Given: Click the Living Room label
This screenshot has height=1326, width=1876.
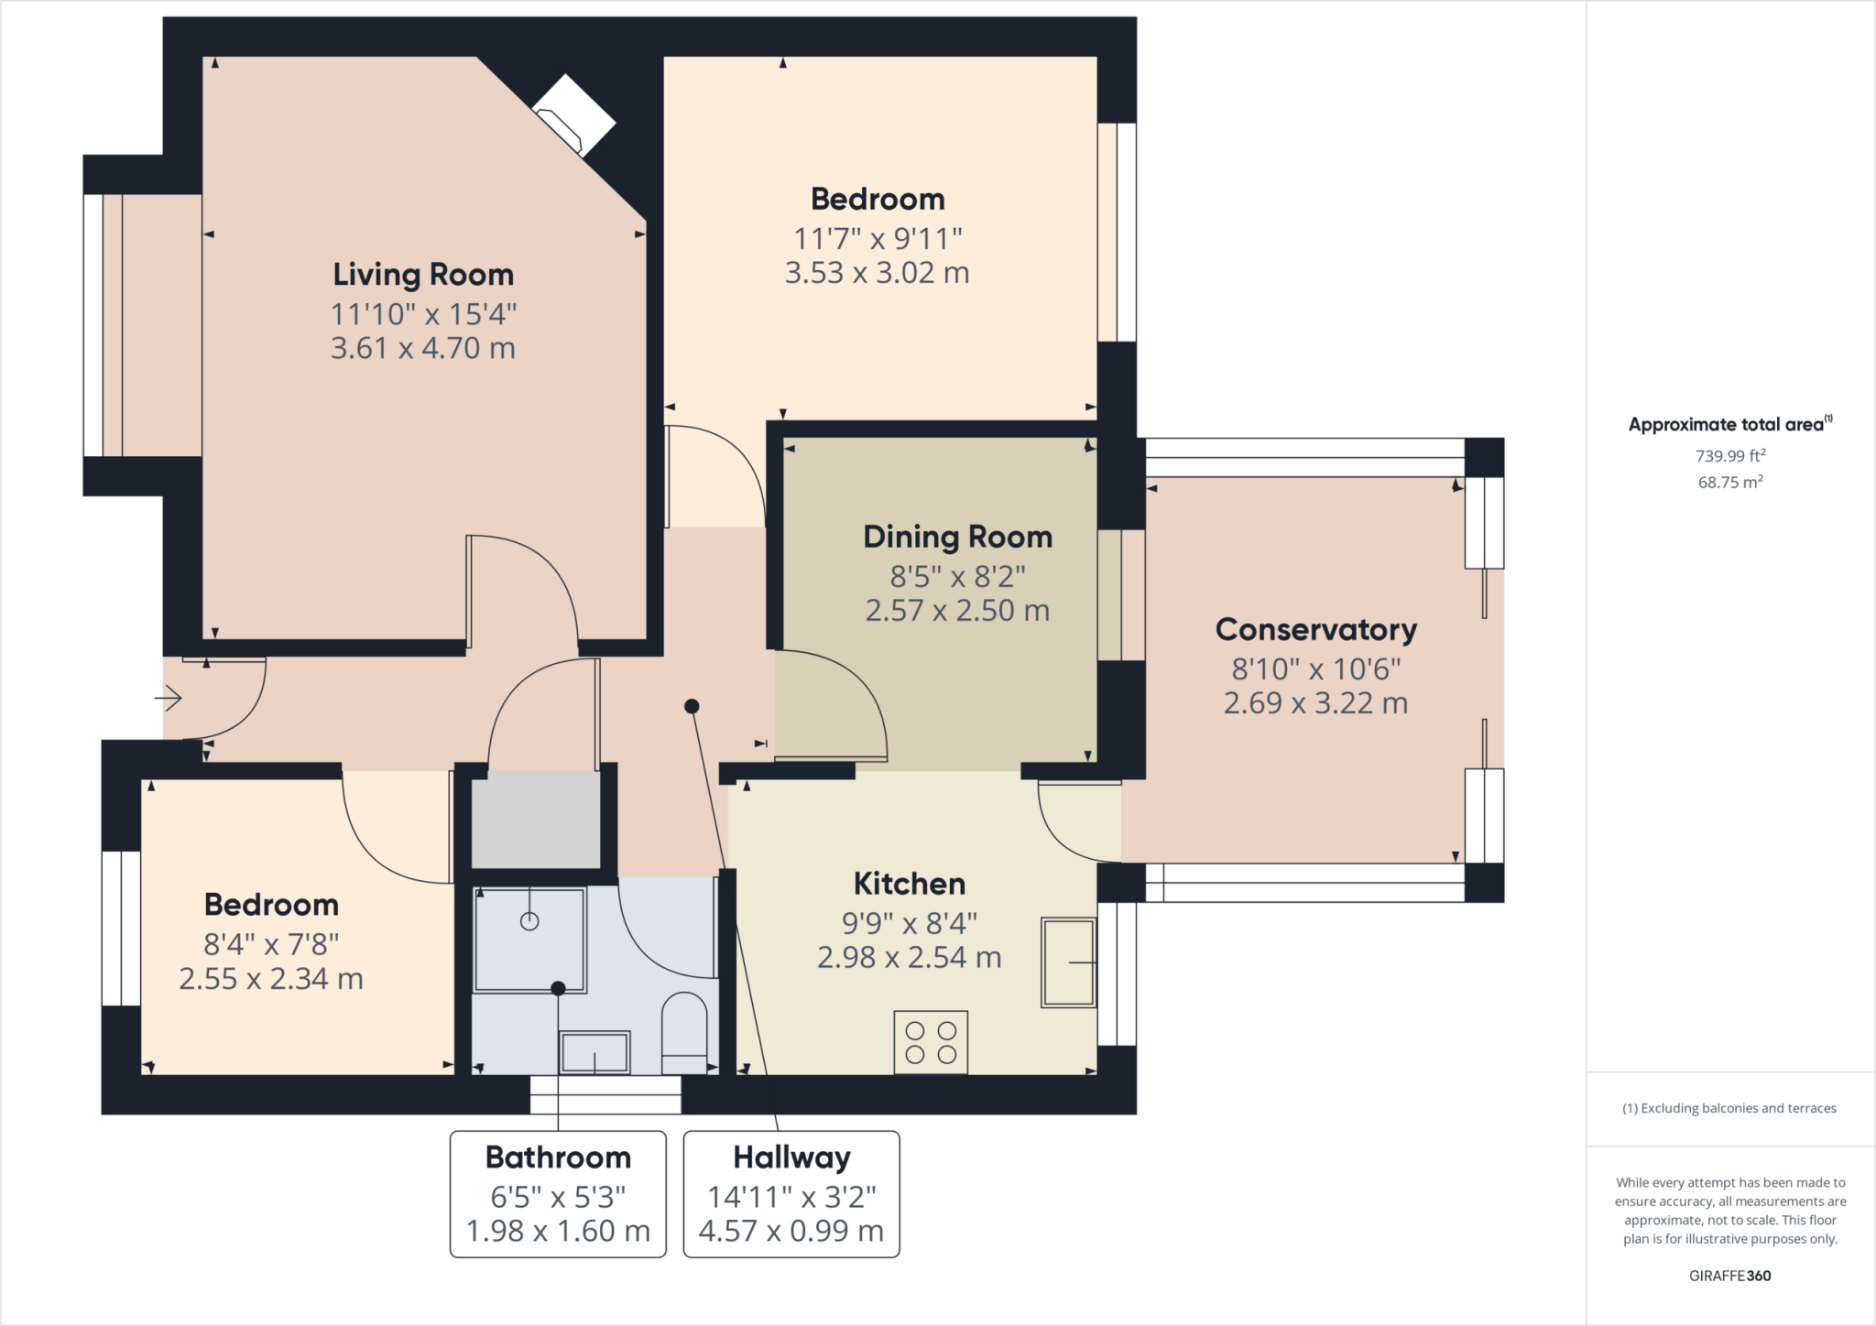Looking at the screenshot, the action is [423, 275].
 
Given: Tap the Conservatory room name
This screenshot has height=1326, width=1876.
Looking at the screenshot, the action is [1316, 630].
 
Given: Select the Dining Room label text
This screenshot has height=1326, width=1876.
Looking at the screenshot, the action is [958, 537].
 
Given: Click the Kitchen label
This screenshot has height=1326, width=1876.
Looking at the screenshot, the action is [910, 884].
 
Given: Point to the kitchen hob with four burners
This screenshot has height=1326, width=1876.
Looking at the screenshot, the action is [931, 1042].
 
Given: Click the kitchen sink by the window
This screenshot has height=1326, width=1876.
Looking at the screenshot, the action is [1069, 962].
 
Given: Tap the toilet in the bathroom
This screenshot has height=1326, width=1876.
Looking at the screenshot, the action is [684, 1033].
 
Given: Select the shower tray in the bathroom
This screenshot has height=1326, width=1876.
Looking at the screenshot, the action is [529, 940].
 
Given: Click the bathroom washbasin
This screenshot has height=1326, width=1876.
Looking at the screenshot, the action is [594, 1052].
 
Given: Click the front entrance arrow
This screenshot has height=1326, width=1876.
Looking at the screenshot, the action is [169, 699].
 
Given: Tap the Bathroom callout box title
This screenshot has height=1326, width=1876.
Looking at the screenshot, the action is [558, 1158].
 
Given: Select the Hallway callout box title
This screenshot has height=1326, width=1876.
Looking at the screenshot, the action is [792, 1158].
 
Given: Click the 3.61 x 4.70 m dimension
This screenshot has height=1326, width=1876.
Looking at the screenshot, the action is [423, 348].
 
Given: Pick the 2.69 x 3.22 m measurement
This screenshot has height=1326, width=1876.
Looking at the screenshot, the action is [1316, 703].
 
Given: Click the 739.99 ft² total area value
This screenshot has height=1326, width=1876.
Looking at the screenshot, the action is [1730, 455].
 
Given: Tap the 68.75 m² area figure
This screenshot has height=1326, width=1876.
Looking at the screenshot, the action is [1730, 482].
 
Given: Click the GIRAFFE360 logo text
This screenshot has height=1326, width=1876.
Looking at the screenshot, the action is [1730, 1276].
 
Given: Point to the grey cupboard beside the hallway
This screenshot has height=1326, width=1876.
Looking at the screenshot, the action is [536, 820].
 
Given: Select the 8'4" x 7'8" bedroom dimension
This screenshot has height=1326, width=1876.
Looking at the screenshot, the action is [271, 944].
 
